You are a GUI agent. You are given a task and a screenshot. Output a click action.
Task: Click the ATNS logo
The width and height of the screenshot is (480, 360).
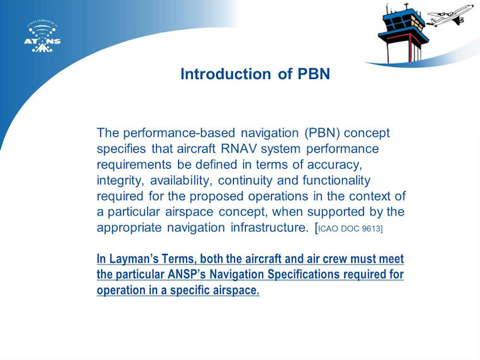pos(42,37)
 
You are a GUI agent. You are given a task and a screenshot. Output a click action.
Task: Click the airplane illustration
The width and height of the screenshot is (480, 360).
pos(450,15)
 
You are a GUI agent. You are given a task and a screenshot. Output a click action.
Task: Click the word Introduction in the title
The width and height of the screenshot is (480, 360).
pos(225,74)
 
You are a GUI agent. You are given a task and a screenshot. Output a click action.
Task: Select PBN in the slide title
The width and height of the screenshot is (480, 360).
pos(314,74)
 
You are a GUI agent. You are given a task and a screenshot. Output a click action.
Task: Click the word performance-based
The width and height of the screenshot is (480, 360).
pos(179,133)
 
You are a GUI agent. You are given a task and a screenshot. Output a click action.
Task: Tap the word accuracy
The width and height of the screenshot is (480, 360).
pos(335,165)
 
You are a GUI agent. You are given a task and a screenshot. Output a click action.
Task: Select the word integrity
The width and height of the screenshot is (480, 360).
pos(120,181)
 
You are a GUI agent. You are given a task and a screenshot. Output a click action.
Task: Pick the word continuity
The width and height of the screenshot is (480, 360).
pos(245,181)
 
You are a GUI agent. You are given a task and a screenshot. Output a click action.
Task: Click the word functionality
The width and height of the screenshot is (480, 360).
pos(337,180)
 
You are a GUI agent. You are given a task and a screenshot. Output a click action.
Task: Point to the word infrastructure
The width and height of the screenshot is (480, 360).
pos(270,227)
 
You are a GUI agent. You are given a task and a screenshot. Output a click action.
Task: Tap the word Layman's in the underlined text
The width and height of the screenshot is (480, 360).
pos(133,259)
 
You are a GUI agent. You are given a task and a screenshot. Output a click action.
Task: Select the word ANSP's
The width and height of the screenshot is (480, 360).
pos(186,274)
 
